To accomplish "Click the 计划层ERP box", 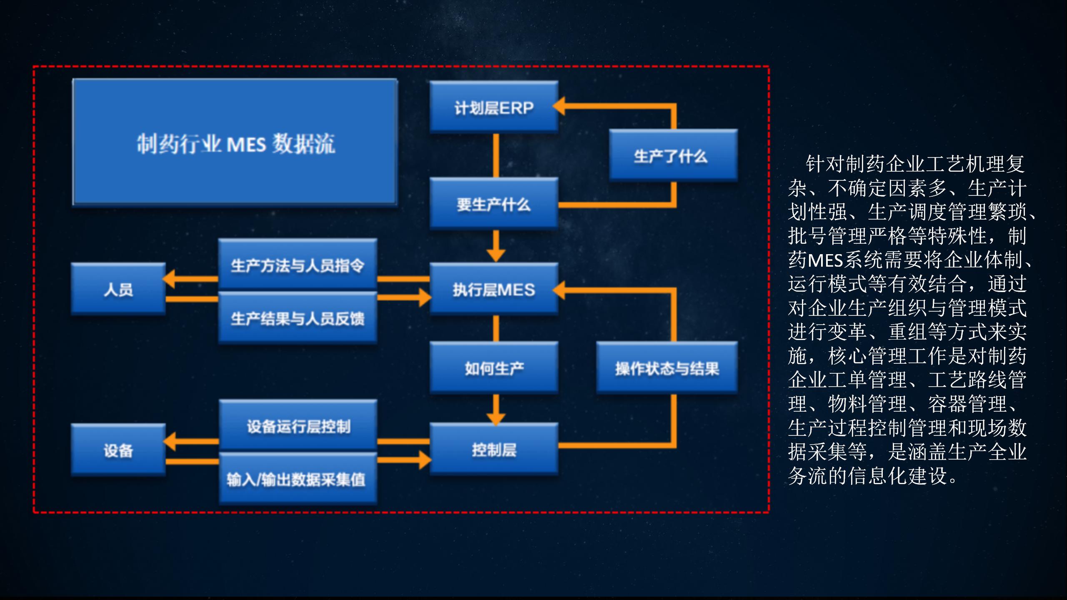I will tap(494, 107).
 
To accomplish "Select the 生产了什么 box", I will tap(673, 156).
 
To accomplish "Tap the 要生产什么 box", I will tap(494, 204).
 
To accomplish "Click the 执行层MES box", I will tap(494, 289).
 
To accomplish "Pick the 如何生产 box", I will tap(494, 368).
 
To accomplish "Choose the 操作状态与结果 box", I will tap(667, 368).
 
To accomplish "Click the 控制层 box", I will tap(494, 450).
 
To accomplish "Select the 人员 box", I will tap(118, 289).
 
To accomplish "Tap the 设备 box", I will tap(118, 450).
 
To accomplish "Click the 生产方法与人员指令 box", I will tap(298, 265).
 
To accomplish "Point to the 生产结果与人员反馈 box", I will tap(298, 318).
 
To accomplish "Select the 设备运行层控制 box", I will tap(298, 426).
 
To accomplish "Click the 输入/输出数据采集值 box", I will tap(298, 479).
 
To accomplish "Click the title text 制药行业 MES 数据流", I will tap(235, 144).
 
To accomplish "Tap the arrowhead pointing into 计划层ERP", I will tap(559, 106).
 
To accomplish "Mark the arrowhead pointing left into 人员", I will tap(169, 279).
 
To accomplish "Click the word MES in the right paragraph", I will tap(825, 261).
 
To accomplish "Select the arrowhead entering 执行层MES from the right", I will tap(559, 290).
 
